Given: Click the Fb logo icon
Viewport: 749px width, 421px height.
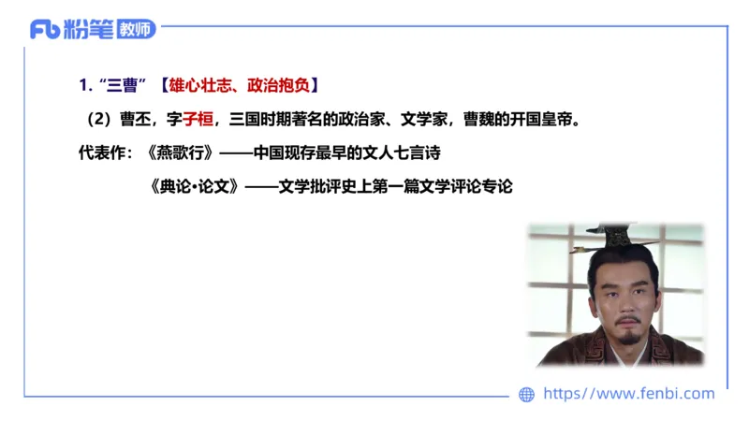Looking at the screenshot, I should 46,29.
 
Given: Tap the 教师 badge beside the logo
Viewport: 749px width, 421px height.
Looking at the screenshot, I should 136,29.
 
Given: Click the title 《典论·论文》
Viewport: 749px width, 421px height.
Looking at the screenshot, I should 193,185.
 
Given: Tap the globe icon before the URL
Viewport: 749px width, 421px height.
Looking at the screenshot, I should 526,395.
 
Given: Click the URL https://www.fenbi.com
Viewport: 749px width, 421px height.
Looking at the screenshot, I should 628,394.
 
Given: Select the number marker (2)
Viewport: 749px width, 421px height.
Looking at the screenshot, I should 98,119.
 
